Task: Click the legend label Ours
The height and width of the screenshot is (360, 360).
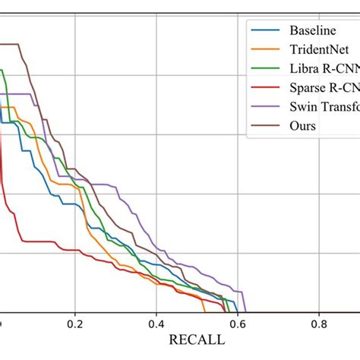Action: point(302,125)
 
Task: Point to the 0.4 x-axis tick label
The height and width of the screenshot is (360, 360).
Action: point(156,324)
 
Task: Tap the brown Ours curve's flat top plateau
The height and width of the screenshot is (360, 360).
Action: point(9,44)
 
